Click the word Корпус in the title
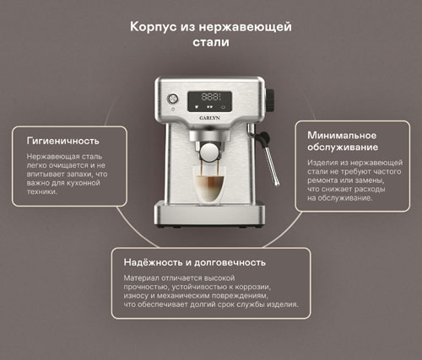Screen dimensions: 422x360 click(154, 28)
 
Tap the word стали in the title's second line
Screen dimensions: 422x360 click(211, 42)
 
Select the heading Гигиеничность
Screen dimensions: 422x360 click(62, 141)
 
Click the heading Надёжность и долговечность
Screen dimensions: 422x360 click(195, 262)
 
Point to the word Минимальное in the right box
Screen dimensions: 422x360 click(342, 135)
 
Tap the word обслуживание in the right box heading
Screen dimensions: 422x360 click(343, 148)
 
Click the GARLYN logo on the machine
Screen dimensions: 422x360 click(209, 118)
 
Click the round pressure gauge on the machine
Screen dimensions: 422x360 click(172, 99)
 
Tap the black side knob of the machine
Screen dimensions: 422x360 click(270, 100)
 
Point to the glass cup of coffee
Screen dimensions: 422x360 click(209, 185)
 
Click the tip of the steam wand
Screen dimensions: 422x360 click(277, 185)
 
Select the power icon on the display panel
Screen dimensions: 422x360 click(224, 107)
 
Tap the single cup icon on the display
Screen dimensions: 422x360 click(197, 107)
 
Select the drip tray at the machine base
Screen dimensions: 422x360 click(209, 212)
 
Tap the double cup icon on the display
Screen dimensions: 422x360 click(209, 107)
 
